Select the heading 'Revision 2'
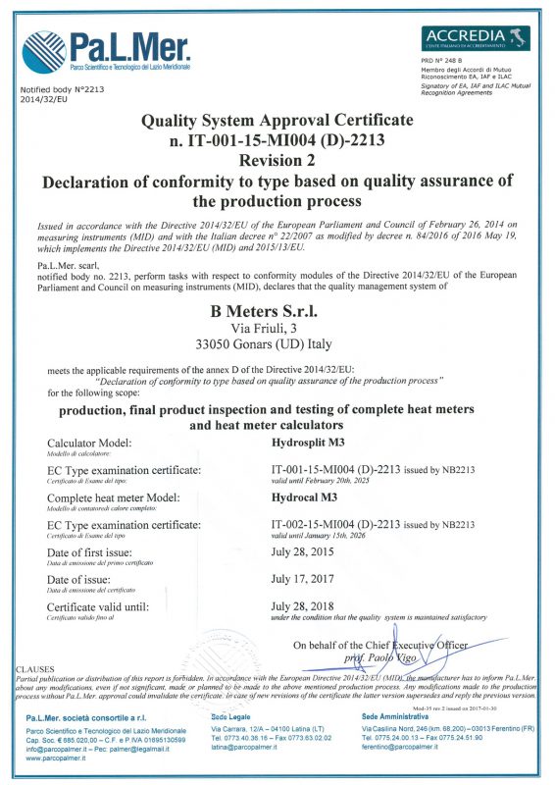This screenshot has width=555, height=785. [277, 160]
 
